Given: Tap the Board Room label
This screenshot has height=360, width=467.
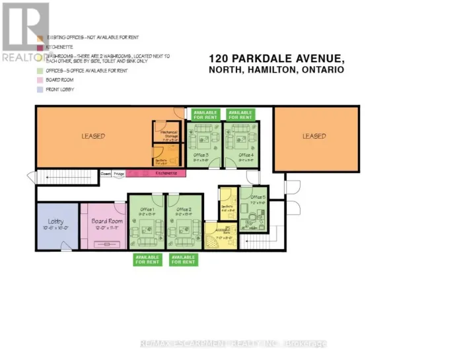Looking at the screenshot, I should (108, 221).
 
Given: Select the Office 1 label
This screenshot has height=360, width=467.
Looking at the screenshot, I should (147, 209).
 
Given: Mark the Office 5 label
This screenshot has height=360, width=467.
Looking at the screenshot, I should (258, 197).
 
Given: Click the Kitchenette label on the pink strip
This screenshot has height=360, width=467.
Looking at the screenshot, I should (166, 173).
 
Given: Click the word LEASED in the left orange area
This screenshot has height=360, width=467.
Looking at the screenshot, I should (93, 136).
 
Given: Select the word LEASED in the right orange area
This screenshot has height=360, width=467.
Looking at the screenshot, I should (314, 136).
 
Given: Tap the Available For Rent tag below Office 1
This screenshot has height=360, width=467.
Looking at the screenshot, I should (147, 259).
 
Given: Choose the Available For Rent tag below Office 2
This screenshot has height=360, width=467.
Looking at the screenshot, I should (184, 259).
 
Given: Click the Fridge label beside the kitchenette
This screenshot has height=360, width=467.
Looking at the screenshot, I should (119, 173).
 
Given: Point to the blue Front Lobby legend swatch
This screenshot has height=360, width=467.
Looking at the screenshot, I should (40, 89).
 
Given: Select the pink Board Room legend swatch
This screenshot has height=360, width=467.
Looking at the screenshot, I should (40, 79).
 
